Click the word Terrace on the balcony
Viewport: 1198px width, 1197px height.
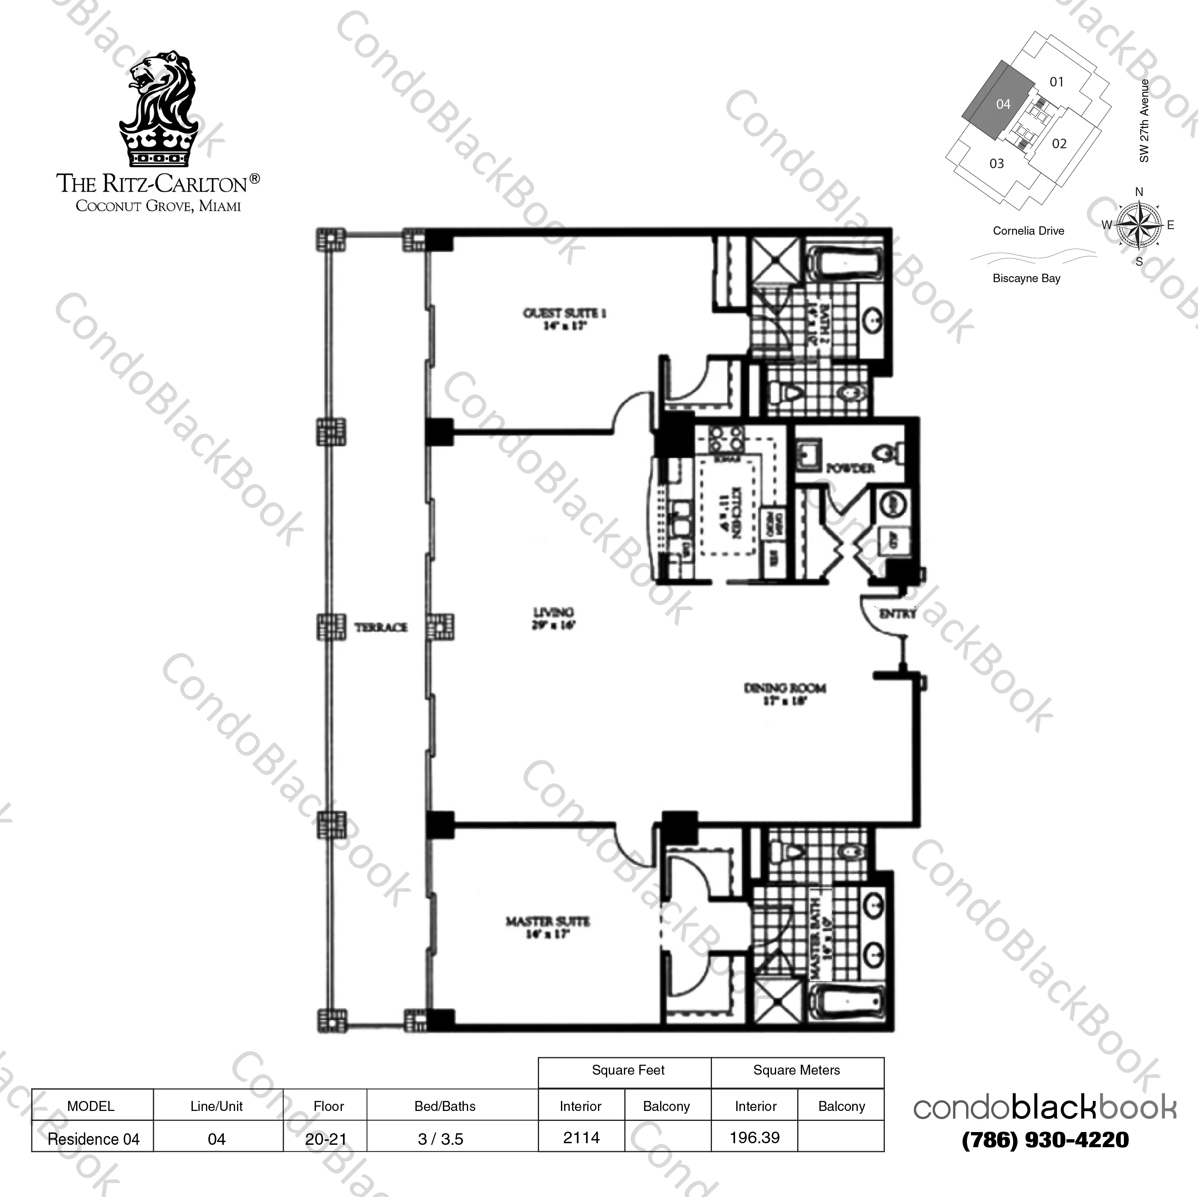point(381,628)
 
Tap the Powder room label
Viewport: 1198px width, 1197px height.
point(850,468)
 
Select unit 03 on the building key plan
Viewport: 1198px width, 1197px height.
point(996,164)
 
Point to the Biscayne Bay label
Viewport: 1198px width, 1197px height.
point(1026,279)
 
